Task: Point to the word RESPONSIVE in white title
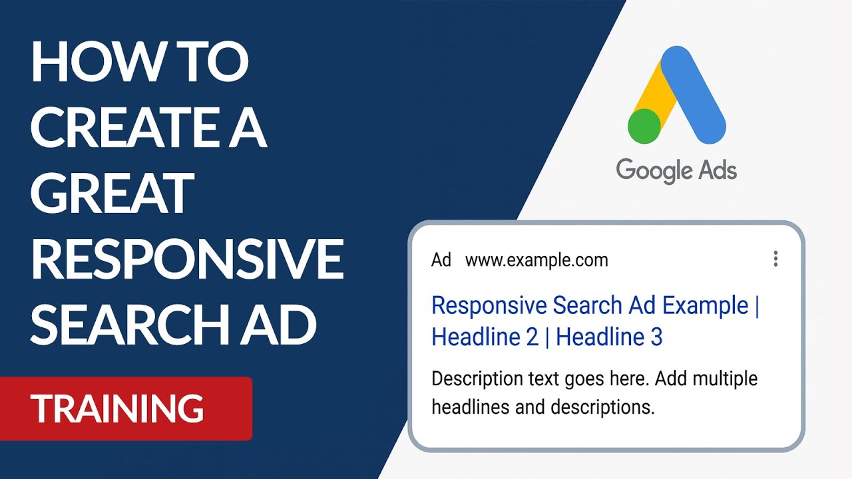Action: tap(187, 259)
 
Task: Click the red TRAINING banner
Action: tap(126, 408)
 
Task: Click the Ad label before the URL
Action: tap(441, 260)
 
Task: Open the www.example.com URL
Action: tap(536, 260)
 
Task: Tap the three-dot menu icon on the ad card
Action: tap(775, 259)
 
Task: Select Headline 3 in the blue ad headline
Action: tap(609, 337)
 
